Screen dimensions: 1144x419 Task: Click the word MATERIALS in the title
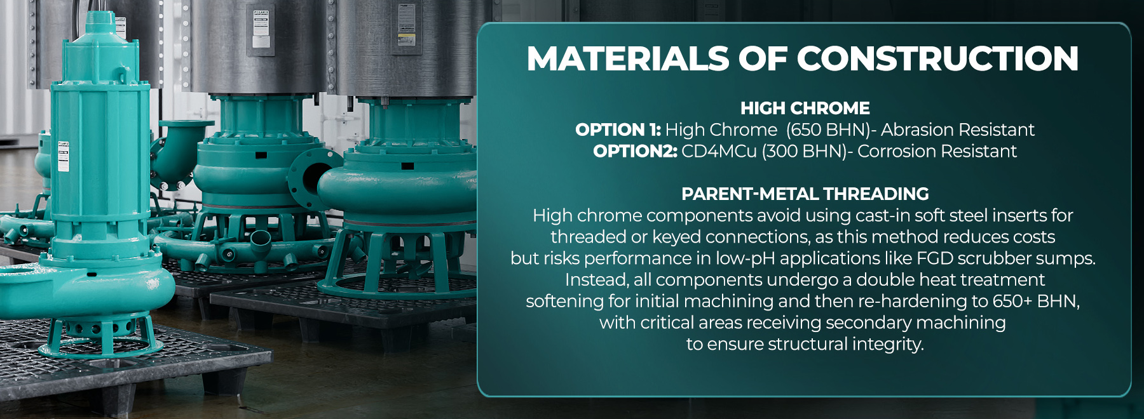[x=628, y=58]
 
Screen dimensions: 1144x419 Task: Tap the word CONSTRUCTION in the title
[x=937, y=58]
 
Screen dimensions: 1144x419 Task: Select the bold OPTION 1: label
[x=618, y=130]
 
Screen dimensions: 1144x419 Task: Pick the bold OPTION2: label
[x=635, y=151]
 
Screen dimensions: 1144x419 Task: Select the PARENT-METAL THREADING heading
[x=805, y=194]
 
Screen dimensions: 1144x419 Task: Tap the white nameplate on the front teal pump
[x=64, y=157]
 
